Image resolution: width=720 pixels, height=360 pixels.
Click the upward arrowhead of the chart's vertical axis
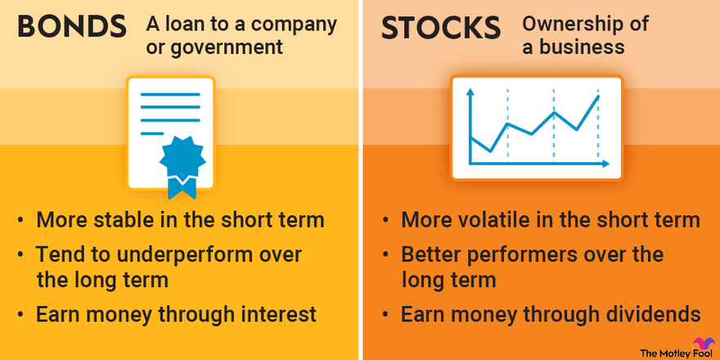click(x=470, y=92)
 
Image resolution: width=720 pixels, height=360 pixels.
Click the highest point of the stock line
click(x=599, y=97)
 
